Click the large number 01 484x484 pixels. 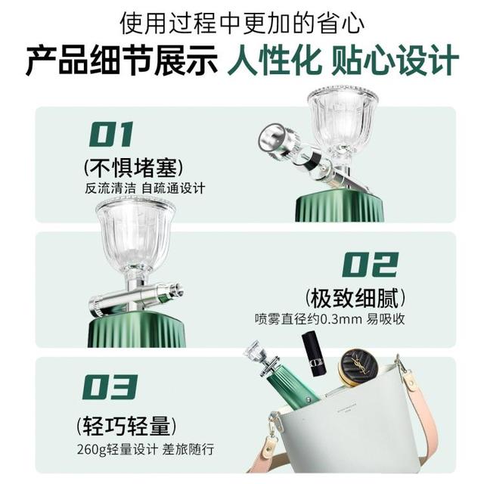(x=111, y=134)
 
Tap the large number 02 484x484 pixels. (x=371, y=264)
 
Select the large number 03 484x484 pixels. (x=110, y=386)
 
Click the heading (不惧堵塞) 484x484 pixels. (x=134, y=168)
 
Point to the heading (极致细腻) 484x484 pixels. (x=355, y=298)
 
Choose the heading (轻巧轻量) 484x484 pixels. (x=126, y=426)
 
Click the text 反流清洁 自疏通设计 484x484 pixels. (x=144, y=188)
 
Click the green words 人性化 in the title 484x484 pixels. (x=274, y=59)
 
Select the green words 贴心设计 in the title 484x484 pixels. (x=395, y=59)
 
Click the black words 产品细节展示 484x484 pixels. (x=121, y=59)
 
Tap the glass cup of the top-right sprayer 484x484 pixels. (x=343, y=118)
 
